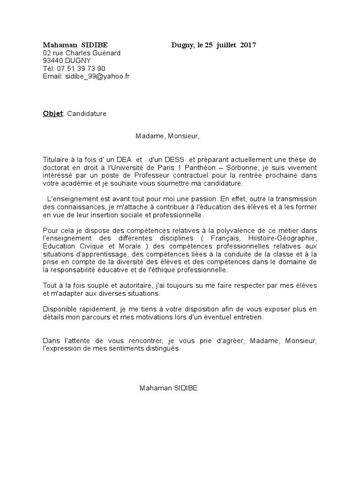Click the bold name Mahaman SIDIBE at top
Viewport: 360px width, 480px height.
click(75, 45)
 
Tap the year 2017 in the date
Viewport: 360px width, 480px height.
click(248, 45)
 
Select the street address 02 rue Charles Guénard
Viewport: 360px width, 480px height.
click(82, 53)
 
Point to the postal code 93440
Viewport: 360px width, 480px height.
click(53, 60)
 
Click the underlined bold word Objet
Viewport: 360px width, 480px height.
click(52, 114)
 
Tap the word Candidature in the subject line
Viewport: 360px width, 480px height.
click(87, 114)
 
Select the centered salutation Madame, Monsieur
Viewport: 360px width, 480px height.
click(167, 136)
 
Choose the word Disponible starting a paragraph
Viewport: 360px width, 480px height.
click(60, 309)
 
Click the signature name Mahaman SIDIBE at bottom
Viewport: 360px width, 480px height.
click(168, 388)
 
